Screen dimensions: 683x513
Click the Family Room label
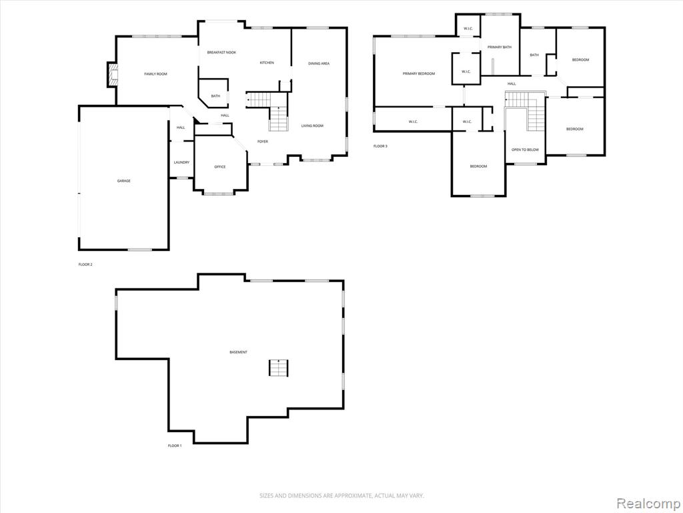pos(155,74)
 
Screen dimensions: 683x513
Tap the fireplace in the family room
pos(113,75)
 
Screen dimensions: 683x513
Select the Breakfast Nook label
pos(221,52)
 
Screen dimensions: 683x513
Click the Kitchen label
pos(267,63)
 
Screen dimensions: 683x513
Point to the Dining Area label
pos(319,63)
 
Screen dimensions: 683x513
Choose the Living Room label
pos(312,126)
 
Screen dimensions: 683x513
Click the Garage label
pos(123,180)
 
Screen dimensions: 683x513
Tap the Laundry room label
pos(181,162)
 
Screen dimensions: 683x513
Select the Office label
pos(220,167)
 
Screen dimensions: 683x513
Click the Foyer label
pos(263,142)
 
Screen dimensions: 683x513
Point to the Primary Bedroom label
pos(419,73)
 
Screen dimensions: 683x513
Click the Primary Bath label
pos(500,47)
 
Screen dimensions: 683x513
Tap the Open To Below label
pos(525,150)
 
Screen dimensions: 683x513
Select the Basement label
pos(238,352)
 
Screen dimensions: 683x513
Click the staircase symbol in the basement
pos(279,368)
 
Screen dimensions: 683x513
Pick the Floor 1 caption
pos(175,446)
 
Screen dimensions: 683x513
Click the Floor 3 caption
pos(380,146)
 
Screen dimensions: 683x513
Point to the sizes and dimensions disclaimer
pos(341,496)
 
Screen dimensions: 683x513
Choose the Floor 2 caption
pos(85,265)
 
